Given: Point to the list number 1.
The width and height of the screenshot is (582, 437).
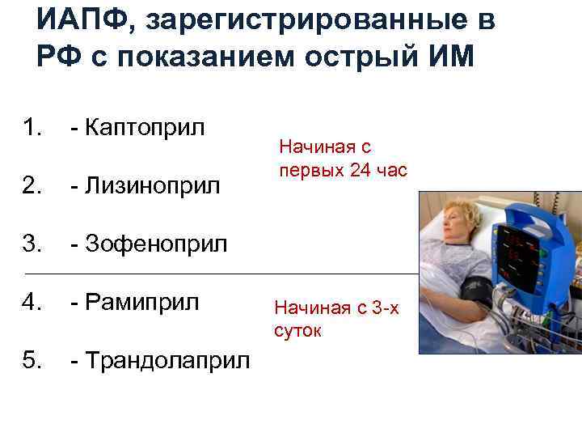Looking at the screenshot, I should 32,127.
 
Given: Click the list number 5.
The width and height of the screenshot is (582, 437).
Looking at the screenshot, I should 32,360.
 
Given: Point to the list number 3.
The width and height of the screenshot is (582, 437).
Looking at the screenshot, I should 32,244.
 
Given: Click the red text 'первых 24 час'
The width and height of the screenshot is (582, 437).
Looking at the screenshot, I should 343,170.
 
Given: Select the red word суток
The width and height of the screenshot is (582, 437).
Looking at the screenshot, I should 297,330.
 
